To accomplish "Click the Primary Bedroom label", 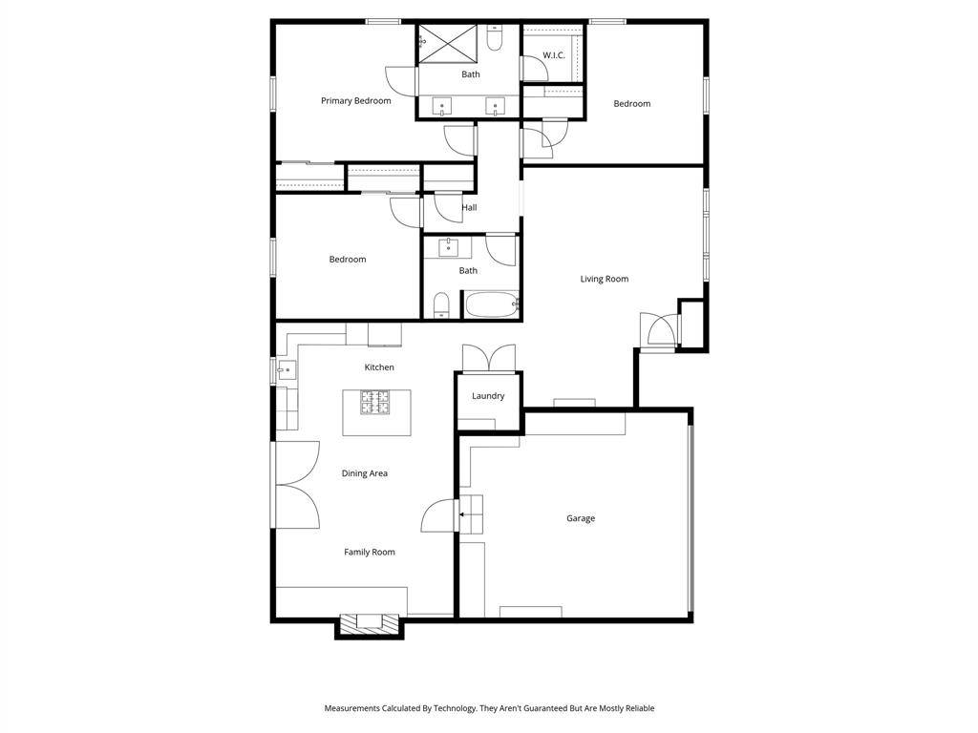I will (355, 101).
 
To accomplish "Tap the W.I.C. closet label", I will (554, 55).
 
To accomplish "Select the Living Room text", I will (605, 279).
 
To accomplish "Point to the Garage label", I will (581, 518).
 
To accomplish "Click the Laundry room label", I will (488, 396).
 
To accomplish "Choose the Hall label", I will (469, 207).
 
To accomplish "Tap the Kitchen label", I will (379, 367).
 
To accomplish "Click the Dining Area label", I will (365, 473).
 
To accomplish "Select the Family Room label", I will (370, 552).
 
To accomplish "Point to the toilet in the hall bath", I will (440, 304).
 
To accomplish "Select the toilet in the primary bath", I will (494, 38).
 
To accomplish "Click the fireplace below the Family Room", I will (369, 622).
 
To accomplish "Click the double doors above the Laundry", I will (488, 358).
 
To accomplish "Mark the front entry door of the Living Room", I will (658, 329).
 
